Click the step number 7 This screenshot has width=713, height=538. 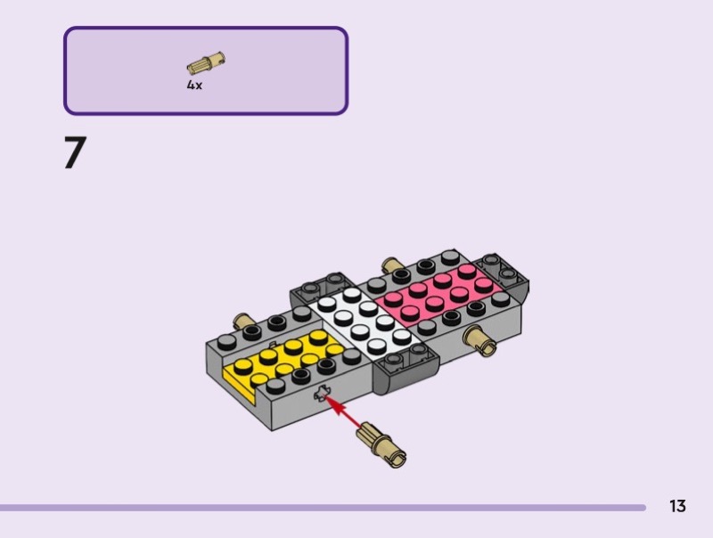[x=76, y=152]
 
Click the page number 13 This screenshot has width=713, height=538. [x=677, y=506]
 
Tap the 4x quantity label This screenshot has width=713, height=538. [x=194, y=85]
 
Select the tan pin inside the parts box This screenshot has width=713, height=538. [x=206, y=62]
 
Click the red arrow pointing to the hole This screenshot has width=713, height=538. [x=345, y=412]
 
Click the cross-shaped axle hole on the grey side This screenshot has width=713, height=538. [x=322, y=394]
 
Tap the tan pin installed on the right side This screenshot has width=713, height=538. [x=479, y=341]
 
